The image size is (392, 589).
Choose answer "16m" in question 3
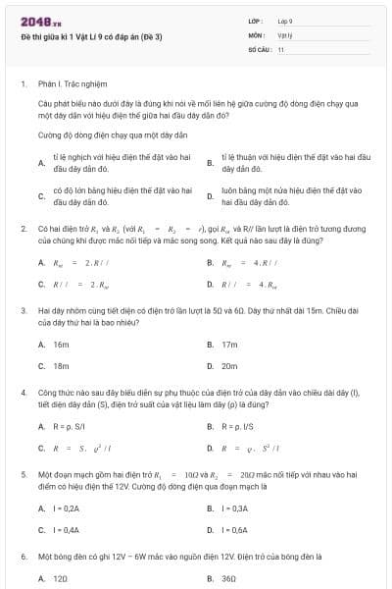61,345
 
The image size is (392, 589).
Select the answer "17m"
230,345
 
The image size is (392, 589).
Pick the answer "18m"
61,365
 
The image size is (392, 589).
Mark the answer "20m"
230,365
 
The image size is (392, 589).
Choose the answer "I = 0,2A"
67,509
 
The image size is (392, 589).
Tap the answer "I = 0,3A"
235,509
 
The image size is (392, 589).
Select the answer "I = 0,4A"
67,529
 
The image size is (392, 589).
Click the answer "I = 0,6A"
235,529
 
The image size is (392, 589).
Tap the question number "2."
23,228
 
